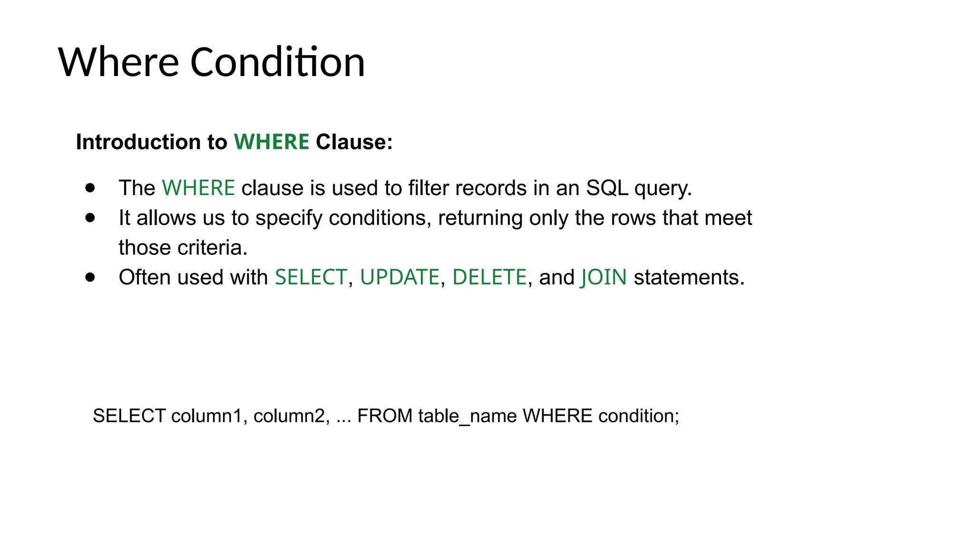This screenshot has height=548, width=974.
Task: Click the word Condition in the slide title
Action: pos(277,62)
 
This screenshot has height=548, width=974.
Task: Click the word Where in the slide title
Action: pos(118,62)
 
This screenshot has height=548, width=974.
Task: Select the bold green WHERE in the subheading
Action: pos(272,142)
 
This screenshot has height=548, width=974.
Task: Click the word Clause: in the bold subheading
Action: pos(354,142)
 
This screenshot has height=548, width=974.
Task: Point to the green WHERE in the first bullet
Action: pos(198,188)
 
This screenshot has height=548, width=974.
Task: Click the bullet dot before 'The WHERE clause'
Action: pos(90,188)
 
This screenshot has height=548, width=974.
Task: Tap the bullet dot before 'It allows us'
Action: pos(90,218)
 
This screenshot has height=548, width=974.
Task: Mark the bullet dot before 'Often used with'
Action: pos(90,277)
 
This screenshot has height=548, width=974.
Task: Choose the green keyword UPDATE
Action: pos(399,277)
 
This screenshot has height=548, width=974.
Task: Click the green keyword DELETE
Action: pos(489,277)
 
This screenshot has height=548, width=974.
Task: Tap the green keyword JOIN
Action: pos(604,277)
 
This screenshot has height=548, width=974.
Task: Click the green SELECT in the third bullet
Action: pos(311,277)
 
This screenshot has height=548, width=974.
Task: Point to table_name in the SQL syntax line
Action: pos(468,416)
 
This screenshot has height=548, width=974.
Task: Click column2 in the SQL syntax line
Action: pos(289,416)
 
